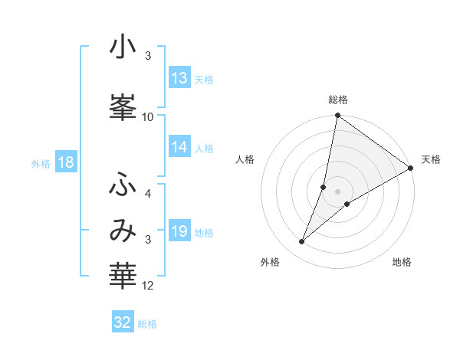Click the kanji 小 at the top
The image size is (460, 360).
pyautogui.click(x=123, y=47)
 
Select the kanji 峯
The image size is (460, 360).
pyautogui.click(x=123, y=105)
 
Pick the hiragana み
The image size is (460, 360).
pyautogui.click(x=123, y=230)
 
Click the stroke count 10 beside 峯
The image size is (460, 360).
pyautogui.click(x=148, y=116)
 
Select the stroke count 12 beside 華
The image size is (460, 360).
pyautogui.click(x=148, y=286)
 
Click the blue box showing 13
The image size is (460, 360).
pyautogui.click(x=179, y=78)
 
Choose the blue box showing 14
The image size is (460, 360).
pyautogui.click(x=179, y=147)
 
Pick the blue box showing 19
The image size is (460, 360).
pyautogui.click(x=179, y=231)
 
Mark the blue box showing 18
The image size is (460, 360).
pyautogui.click(x=65, y=162)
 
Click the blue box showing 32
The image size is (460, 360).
pyautogui.click(x=123, y=322)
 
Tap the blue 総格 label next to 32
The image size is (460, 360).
pyautogui.click(x=147, y=324)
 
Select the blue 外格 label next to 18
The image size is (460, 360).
pyautogui.click(x=41, y=163)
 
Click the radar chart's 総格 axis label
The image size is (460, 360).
pyautogui.click(x=338, y=100)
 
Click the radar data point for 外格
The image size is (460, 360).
pyautogui.click(x=301, y=242)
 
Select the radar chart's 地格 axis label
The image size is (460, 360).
pyautogui.click(x=402, y=263)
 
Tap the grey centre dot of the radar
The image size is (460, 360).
pyautogui.click(x=338, y=191)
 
